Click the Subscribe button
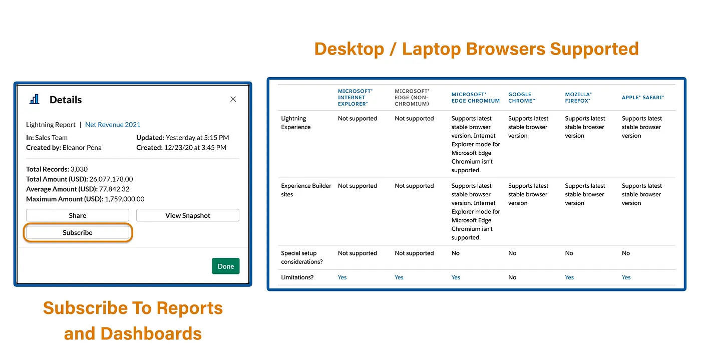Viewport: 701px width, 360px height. (77, 233)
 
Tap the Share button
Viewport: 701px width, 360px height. (77, 215)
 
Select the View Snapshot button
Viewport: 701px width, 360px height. (188, 215)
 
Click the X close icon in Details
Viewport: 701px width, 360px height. (233, 99)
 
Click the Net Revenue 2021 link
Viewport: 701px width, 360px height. (113, 125)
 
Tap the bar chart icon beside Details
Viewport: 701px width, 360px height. (35, 99)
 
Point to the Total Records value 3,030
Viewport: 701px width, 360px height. (79, 169)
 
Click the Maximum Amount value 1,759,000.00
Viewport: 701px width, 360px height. (125, 199)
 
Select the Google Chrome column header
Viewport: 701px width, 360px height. (522, 98)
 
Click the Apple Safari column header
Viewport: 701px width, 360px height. (643, 98)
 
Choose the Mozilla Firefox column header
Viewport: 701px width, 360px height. (578, 98)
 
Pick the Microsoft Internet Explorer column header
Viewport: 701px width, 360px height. (355, 97)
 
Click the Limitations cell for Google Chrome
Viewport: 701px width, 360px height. (512, 277)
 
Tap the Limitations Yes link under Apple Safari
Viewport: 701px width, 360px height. (626, 277)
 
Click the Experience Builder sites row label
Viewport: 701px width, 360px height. (306, 190)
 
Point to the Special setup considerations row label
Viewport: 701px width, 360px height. (301, 257)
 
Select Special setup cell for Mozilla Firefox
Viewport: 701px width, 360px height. (569, 253)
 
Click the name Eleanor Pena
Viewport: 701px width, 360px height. (82, 148)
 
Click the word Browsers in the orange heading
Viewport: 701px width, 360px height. (505, 49)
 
